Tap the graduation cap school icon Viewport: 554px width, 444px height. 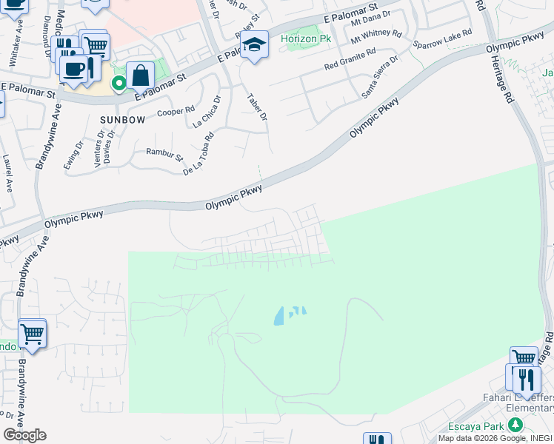[x=255, y=46]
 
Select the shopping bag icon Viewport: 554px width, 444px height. [x=140, y=75]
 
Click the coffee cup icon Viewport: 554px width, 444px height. [x=73, y=68]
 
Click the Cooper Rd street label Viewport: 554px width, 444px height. [x=176, y=112]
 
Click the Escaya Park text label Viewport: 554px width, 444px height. [x=476, y=426]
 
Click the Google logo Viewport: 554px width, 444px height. [x=24, y=434]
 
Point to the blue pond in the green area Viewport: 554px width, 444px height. [x=280, y=317]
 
